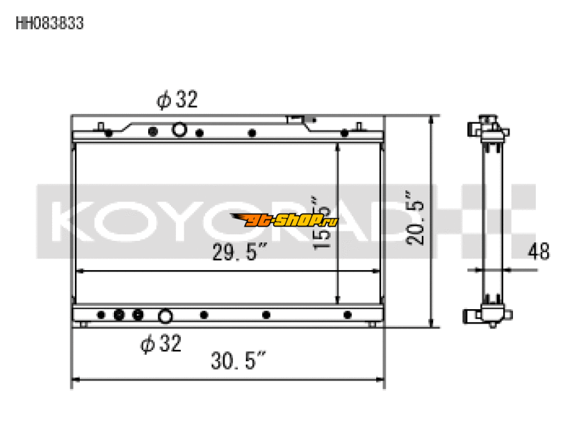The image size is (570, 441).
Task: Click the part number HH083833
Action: pyautogui.click(x=50, y=24)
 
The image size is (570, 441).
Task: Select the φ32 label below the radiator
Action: pyautogui.click(x=160, y=344)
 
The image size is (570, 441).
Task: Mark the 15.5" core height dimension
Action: pyautogui.click(x=323, y=222)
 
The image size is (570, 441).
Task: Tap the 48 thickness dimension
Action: pyautogui.click(x=539, y=252)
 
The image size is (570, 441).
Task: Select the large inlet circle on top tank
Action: pyautogui.click(x=180, y=130)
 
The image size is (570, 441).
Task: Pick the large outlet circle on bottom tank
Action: pyautogui.click(x=165, y=316)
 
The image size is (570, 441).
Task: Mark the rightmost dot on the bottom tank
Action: pyautogui.click(x=348, y=315)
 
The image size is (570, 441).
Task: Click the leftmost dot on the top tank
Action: pyautogui.click(x=108, y=133)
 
